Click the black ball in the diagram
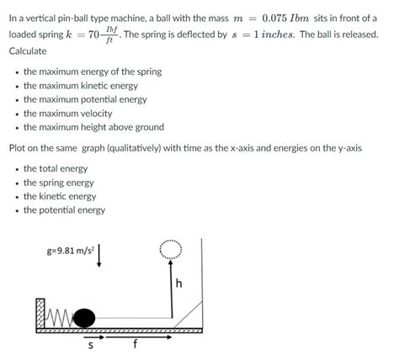(84, 317)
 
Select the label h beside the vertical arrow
(178, 283)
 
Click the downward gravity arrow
(100, 254)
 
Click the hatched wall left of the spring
(40, 313)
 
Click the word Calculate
(28, 52)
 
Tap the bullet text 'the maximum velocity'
(73, 114)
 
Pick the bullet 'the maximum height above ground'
(93, 128)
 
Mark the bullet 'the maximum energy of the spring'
(93, 72)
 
